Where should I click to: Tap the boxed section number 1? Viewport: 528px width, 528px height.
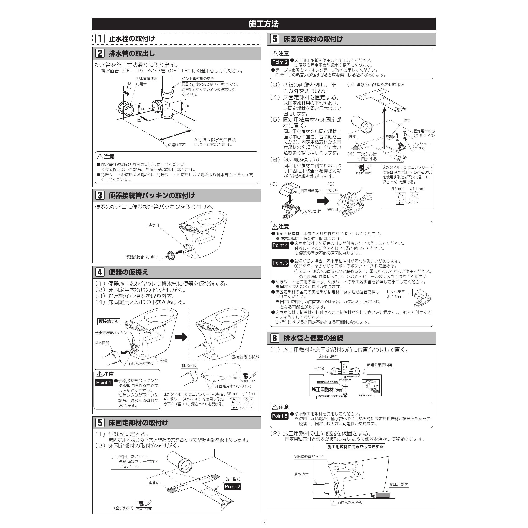(x=100, y=39)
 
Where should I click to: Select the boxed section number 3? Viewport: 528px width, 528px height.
(x=100, y=195)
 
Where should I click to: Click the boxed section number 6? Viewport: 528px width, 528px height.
(x=275, y=338)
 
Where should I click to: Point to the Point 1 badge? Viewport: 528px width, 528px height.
(x=104, y=383)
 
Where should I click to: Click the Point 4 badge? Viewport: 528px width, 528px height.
(x=280, y=245)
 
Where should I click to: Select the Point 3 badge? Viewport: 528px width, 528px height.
(x=280, y=263)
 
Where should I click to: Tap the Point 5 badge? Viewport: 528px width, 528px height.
(x=280, y=416)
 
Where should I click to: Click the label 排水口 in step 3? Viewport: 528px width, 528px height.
(x=154, y=225)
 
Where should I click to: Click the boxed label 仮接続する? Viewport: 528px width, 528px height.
(x=109, y=321)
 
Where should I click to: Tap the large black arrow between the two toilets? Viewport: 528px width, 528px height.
(x=181, y=337)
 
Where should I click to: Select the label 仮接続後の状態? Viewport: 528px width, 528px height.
(x=245, y=357)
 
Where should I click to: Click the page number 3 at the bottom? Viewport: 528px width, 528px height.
(x=264, y=522)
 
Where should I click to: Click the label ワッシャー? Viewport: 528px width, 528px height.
(x=421, y=144)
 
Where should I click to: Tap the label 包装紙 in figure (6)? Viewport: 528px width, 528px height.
(x=333, y=191)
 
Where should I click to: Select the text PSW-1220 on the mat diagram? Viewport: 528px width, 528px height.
(x=365, y=395)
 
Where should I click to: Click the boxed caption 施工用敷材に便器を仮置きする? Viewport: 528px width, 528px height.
(x=355, y=446)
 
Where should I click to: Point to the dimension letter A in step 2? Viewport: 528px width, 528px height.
(x=175, y=135)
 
